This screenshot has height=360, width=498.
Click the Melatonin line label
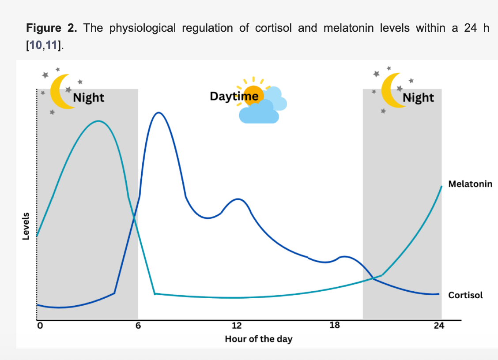470,184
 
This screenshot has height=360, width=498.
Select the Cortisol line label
465,295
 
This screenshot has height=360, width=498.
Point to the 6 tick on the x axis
138,326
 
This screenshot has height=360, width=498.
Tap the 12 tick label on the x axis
237,326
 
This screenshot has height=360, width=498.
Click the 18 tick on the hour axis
335,326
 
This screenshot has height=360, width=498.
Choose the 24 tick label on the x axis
439,326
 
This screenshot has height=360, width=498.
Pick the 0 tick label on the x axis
40,326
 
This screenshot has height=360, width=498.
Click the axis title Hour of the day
259,339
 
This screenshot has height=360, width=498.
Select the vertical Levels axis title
26,226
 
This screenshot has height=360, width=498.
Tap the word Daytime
234,96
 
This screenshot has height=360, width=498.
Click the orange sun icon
253,94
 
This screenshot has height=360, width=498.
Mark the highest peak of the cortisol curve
158,112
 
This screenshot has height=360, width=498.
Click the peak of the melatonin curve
98,121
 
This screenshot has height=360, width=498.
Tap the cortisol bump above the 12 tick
238,199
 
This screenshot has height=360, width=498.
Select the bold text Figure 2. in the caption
52,28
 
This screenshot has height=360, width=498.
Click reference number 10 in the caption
36,45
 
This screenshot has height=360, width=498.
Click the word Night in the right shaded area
418,98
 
